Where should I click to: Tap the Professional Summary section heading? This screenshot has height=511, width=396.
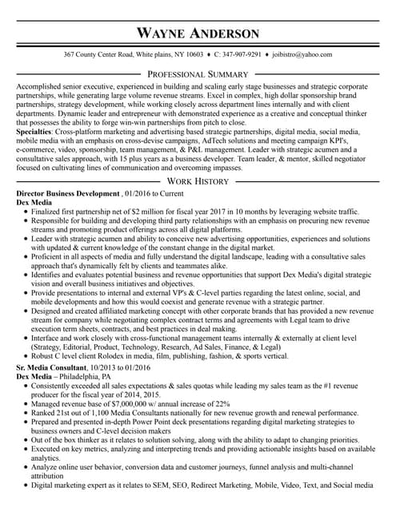198,73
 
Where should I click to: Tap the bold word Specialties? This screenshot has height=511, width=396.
34,130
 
